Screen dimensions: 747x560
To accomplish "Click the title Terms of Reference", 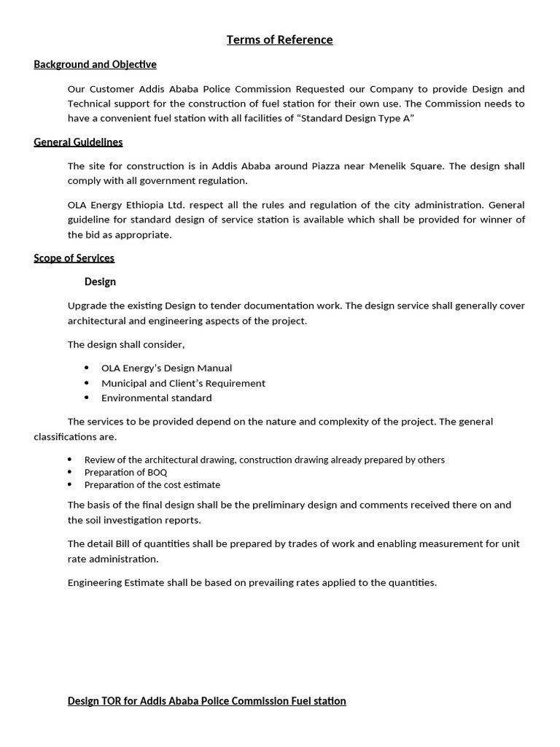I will point(279,40).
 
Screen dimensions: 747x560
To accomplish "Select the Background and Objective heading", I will point(95,65).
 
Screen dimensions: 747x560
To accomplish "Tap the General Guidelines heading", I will point(78,142).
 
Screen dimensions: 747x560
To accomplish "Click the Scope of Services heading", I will point(74,258).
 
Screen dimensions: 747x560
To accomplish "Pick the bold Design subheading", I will point(100,282).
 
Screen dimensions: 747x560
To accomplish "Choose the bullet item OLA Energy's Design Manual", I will point(166,368).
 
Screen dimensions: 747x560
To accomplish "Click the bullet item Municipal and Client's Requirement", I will point(183,384).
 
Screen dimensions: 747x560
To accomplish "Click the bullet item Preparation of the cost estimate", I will point(152,485).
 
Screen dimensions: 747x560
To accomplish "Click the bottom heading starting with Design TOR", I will point(206,701).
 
